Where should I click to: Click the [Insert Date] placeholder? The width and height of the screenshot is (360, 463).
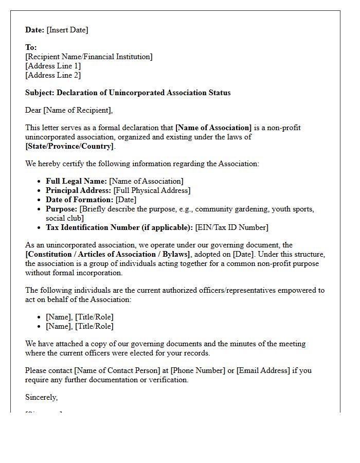coord(67,30)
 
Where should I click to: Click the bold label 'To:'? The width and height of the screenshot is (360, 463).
coord(31,47)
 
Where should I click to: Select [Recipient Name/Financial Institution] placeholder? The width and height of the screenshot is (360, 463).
coord(89,57)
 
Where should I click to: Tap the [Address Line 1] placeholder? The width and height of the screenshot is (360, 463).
coord(53,66)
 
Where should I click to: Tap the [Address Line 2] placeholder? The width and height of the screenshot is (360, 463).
coord(53,75)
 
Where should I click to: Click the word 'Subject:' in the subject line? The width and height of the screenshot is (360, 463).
coord(40,93)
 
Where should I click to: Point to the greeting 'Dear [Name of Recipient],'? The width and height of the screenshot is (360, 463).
coord(69,110)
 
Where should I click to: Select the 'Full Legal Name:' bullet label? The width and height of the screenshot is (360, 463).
coord(76,181)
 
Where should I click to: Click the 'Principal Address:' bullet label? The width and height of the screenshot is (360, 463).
coord(78,190)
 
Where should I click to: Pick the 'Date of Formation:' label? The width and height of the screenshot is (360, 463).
coord(79,200)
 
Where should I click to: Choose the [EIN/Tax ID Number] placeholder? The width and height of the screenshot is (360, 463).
coord(231,227)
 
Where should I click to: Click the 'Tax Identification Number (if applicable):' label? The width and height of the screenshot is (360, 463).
coord(119,227)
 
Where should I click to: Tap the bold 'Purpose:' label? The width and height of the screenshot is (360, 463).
coord(61,209)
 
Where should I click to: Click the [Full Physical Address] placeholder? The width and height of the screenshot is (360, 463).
coord(152,190)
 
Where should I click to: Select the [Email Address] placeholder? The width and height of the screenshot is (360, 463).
coord(263,370)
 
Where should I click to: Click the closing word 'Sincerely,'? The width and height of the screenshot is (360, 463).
coord(42,397)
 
